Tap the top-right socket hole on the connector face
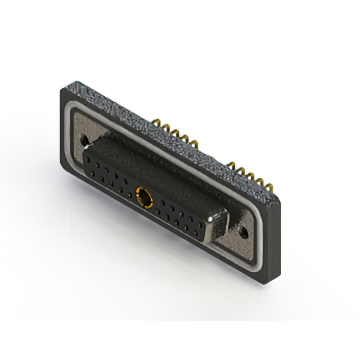(199, 218)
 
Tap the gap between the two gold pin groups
(213, 155)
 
